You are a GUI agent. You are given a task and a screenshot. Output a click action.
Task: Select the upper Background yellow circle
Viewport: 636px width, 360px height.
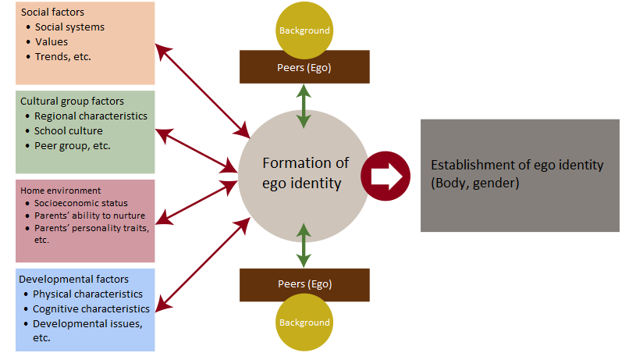tap(304, 30)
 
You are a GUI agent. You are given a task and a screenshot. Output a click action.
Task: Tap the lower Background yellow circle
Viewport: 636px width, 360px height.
tap(304, 322)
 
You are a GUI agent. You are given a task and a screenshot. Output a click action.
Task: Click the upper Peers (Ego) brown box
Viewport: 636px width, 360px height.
tap(304, 67)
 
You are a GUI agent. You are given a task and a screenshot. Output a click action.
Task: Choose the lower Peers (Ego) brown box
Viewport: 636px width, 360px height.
tap(304, 283)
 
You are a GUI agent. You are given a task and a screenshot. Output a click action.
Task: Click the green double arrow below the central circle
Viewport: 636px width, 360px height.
tap(304, 244)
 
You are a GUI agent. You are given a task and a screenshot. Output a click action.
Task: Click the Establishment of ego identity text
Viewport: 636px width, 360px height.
tap(517, 174)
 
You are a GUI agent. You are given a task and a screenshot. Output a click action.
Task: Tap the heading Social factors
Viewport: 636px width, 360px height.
tap(54, 12)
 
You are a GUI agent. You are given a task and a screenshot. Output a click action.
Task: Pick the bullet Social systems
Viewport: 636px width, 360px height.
tap(69, 27)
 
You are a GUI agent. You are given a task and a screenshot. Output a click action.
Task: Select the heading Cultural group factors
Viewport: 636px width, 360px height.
tap(72, 102)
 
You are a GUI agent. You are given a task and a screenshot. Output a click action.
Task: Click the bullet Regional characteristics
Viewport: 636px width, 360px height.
tap(91, 116)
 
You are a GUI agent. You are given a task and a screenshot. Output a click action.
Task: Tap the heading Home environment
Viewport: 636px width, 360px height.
tap(60, 191)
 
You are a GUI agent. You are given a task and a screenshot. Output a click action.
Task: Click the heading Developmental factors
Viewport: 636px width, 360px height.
tap(74, 280)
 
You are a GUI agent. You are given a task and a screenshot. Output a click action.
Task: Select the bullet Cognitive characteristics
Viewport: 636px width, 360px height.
tap(91, 309)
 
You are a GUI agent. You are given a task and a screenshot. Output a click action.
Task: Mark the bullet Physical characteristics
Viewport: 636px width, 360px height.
tap(87, 294)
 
